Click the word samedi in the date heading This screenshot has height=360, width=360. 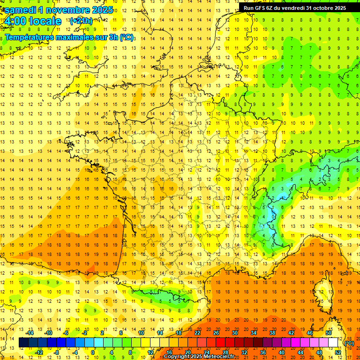point(20,10)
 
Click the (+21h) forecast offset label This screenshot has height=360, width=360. point(81,21)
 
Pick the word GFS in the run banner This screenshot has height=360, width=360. point(262,7)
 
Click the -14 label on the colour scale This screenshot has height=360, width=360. point(30,333)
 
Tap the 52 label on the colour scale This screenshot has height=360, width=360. point(338,352)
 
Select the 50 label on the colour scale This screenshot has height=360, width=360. point(329,333)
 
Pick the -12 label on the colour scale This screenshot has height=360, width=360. point(39,352)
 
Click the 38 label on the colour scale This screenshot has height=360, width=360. point(272,333)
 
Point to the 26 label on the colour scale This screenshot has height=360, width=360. point(216,333)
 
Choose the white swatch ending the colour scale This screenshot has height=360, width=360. point(333,343)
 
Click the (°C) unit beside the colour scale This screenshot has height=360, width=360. point(349,343)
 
